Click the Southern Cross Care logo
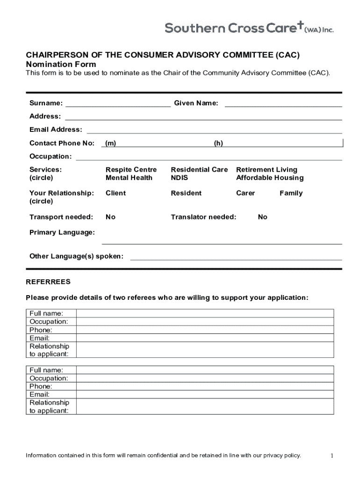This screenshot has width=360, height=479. click(x=249, y=29)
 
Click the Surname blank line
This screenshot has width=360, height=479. click(x=118, y=104)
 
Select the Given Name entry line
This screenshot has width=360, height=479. click(x=283, y=104)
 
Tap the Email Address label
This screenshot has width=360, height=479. click(x=56, y=130)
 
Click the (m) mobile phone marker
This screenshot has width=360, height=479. click(x=111, y=143)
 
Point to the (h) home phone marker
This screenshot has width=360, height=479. click(x=218, y=143)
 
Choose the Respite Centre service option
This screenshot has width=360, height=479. click(x=131, y=170)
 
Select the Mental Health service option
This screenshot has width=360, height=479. click(x=129, y=178)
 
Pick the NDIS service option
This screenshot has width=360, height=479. click(x=180, y=178)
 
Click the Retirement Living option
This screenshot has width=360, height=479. click(x=266, y=170)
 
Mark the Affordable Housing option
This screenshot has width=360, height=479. click(x=270, y=178)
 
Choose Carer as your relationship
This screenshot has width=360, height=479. click(x=245, y=193)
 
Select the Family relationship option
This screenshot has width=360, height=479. click(x=291, y=193)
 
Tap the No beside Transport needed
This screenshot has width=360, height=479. click(x=111, y=217)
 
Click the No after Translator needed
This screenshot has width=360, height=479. click(x=263, y=217)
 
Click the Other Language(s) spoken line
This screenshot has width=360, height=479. click(x=236, y=257)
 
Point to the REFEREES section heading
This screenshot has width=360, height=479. click(x=48, y=282)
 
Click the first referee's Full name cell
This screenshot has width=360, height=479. click(x=205, y=313)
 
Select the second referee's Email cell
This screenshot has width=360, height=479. click(x=205, y=394)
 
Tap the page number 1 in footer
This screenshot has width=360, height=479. click(x=331, y=456)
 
